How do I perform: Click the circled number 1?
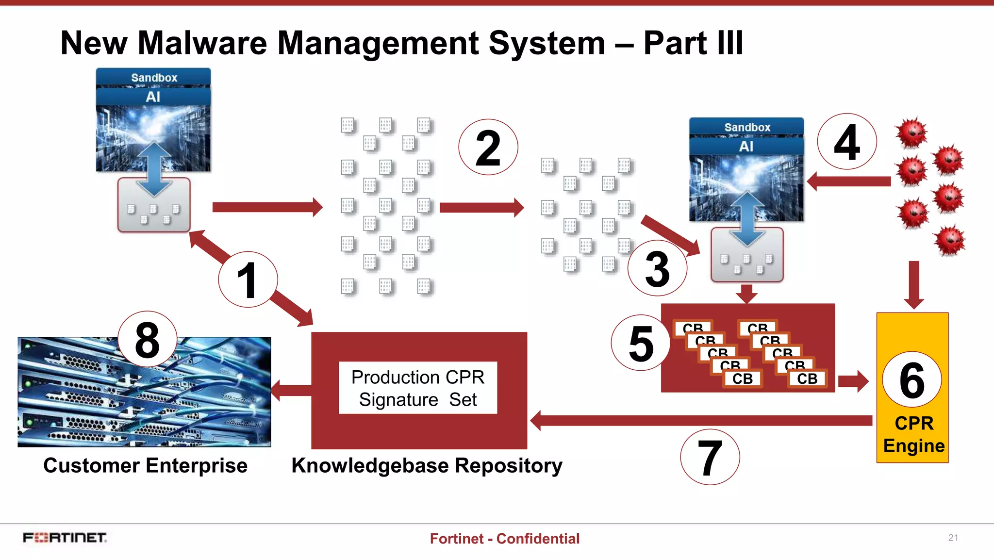click(x=248, y=280)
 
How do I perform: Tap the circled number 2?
click(x=488, y=148)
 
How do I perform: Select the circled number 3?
click(x=657, y=268)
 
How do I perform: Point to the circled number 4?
click(x=847, y=142)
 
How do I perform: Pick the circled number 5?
click(x=641, y=343)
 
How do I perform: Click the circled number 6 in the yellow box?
click(x=912, y=380)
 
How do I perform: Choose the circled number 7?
click(x=710, y=457)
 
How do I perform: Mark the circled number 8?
click(x=147, y=340)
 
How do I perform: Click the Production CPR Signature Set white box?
click(x=418, y=388)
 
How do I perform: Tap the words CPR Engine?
click(x=913, y=434)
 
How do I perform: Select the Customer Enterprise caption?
click(x=145, y=465)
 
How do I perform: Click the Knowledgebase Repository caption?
click(x=427, y=465)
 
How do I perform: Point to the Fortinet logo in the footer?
click(x=65, y=538)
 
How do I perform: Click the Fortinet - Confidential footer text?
click(x=504, y=539)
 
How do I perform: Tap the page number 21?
click(x=953, y=538)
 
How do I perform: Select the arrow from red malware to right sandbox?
click(x=849, y=181)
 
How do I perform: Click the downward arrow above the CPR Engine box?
click(x=914, y=284)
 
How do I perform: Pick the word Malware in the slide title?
click(x=202, y=43)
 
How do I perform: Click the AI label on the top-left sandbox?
click(x=153, y=97)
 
